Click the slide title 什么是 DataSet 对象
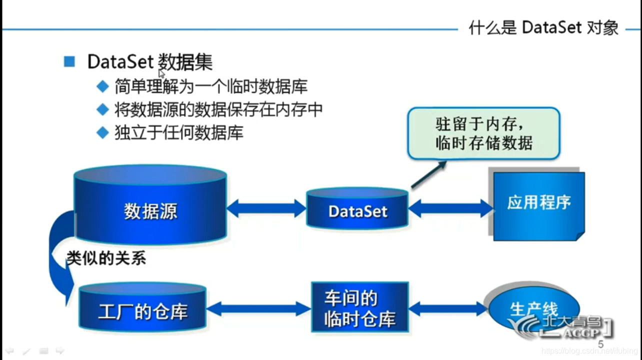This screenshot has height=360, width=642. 543,27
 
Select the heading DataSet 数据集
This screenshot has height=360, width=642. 149,62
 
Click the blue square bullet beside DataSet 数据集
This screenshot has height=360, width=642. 69,61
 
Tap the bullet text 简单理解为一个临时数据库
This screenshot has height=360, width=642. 210,86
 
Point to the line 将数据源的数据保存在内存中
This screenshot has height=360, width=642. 218,109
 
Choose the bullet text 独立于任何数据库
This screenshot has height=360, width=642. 178,133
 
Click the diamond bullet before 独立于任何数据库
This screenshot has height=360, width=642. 102,133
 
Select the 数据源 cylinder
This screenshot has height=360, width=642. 150,210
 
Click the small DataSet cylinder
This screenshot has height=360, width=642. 357,210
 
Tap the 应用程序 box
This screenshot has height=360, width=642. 538,205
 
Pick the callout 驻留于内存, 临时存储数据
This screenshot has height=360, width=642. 483,133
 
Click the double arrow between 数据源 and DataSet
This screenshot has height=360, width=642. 266,208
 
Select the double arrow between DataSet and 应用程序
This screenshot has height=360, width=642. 450,208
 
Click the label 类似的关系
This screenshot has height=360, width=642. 106,258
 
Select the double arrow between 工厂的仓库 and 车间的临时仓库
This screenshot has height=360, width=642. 258,309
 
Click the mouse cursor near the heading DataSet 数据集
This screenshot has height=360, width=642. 161,73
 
